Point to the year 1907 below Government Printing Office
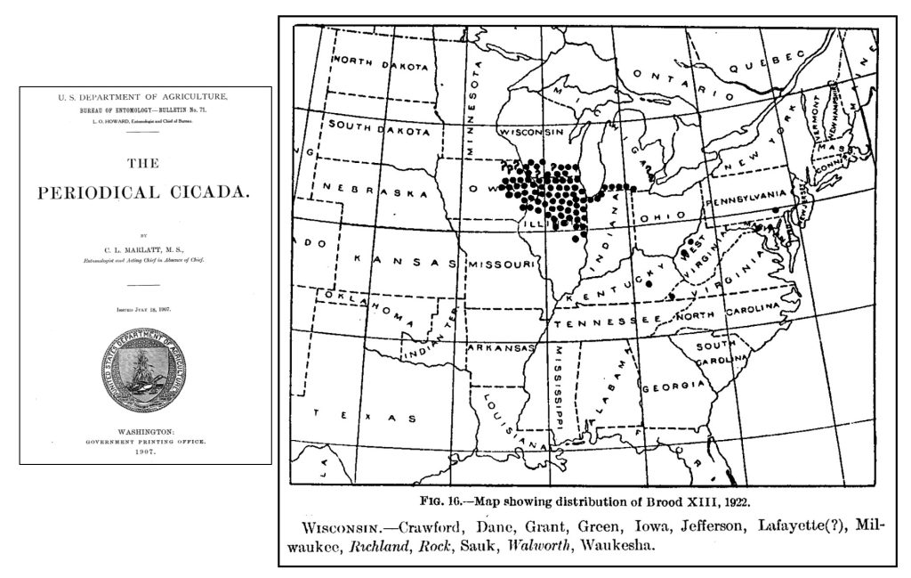144,452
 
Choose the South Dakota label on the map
384,126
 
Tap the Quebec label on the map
762,65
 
